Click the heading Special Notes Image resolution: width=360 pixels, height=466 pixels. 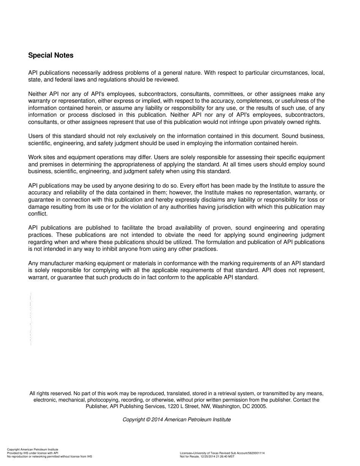click(x=51, y=55)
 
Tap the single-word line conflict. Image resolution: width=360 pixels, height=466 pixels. click(x=38, y=214)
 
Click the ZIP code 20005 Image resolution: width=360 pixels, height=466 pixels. click(x=259, y=406)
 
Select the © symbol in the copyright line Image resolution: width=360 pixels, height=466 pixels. click(x=148, y=420)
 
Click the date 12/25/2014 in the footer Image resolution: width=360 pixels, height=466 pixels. click(x=208, y=457)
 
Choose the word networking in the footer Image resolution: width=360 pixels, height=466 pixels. click(x=37, y=457)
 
